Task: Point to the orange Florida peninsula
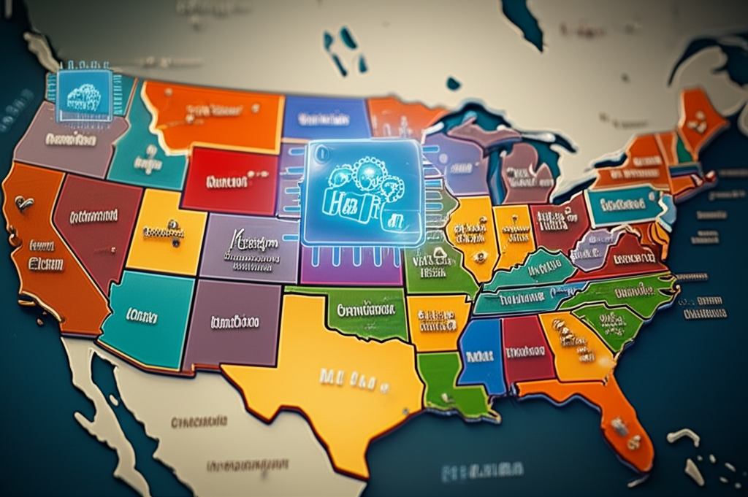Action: point(621,423)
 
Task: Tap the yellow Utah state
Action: point(164,230)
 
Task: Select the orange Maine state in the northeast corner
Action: point(701,117)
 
